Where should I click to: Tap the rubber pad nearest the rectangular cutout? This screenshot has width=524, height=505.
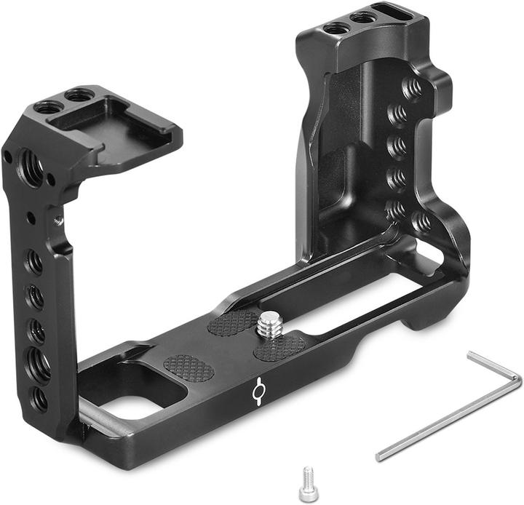[x=188, y=368]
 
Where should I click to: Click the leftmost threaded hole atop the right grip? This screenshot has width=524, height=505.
[x=336, y=28]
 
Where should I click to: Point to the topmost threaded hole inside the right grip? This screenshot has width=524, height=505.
[x=411, y=88]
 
